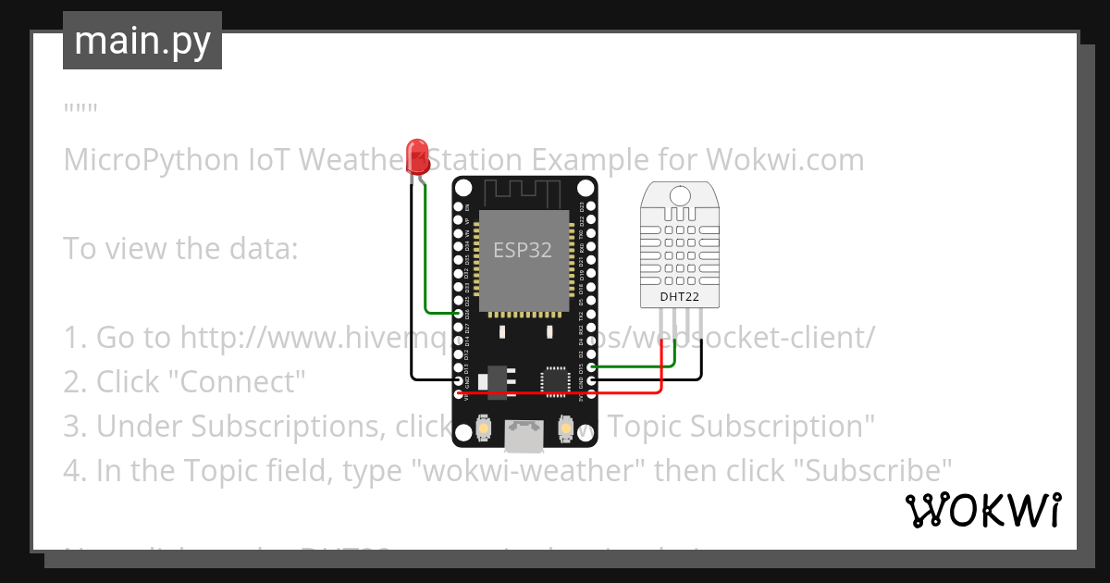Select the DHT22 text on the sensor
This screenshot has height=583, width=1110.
click(x=679, y=297)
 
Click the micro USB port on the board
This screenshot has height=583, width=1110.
click(x=524, y=436)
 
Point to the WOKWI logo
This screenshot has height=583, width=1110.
click(x=982, y=510)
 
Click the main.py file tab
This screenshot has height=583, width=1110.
click(x=142, y=41)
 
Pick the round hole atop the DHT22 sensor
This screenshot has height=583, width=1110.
click(x=679, y=195)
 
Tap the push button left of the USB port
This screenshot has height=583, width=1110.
click(x=482, y=429)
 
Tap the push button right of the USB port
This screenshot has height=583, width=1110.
click(x=565, y=429)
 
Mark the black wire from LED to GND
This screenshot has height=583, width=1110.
click(x=412, y=296)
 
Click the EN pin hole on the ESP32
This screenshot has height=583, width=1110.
click(x=459, y=205)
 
